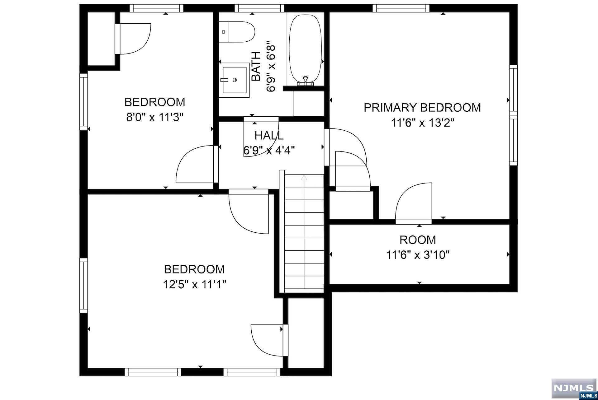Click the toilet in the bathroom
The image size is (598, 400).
pos(237,32)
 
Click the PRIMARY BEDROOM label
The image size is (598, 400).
pos(422,108)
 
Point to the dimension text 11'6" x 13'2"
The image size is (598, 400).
pos(423,123)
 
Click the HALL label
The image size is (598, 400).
pos(269,136)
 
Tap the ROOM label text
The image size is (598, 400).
pos(418,240)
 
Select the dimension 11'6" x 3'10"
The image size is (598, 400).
pos(418,255)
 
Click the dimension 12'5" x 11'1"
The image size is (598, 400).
pos(194,284)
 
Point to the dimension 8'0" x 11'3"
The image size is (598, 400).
pos(154,118)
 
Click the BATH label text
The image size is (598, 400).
pos(256,67)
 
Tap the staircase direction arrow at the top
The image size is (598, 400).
pos(304,178)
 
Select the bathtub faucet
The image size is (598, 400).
pos(306,80)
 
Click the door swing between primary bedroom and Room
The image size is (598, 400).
pos(414,202)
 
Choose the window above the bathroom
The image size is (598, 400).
pos(259,8)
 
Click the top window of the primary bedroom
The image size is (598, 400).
pos(401,8)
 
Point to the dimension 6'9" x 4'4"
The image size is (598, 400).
pos(269,151)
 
